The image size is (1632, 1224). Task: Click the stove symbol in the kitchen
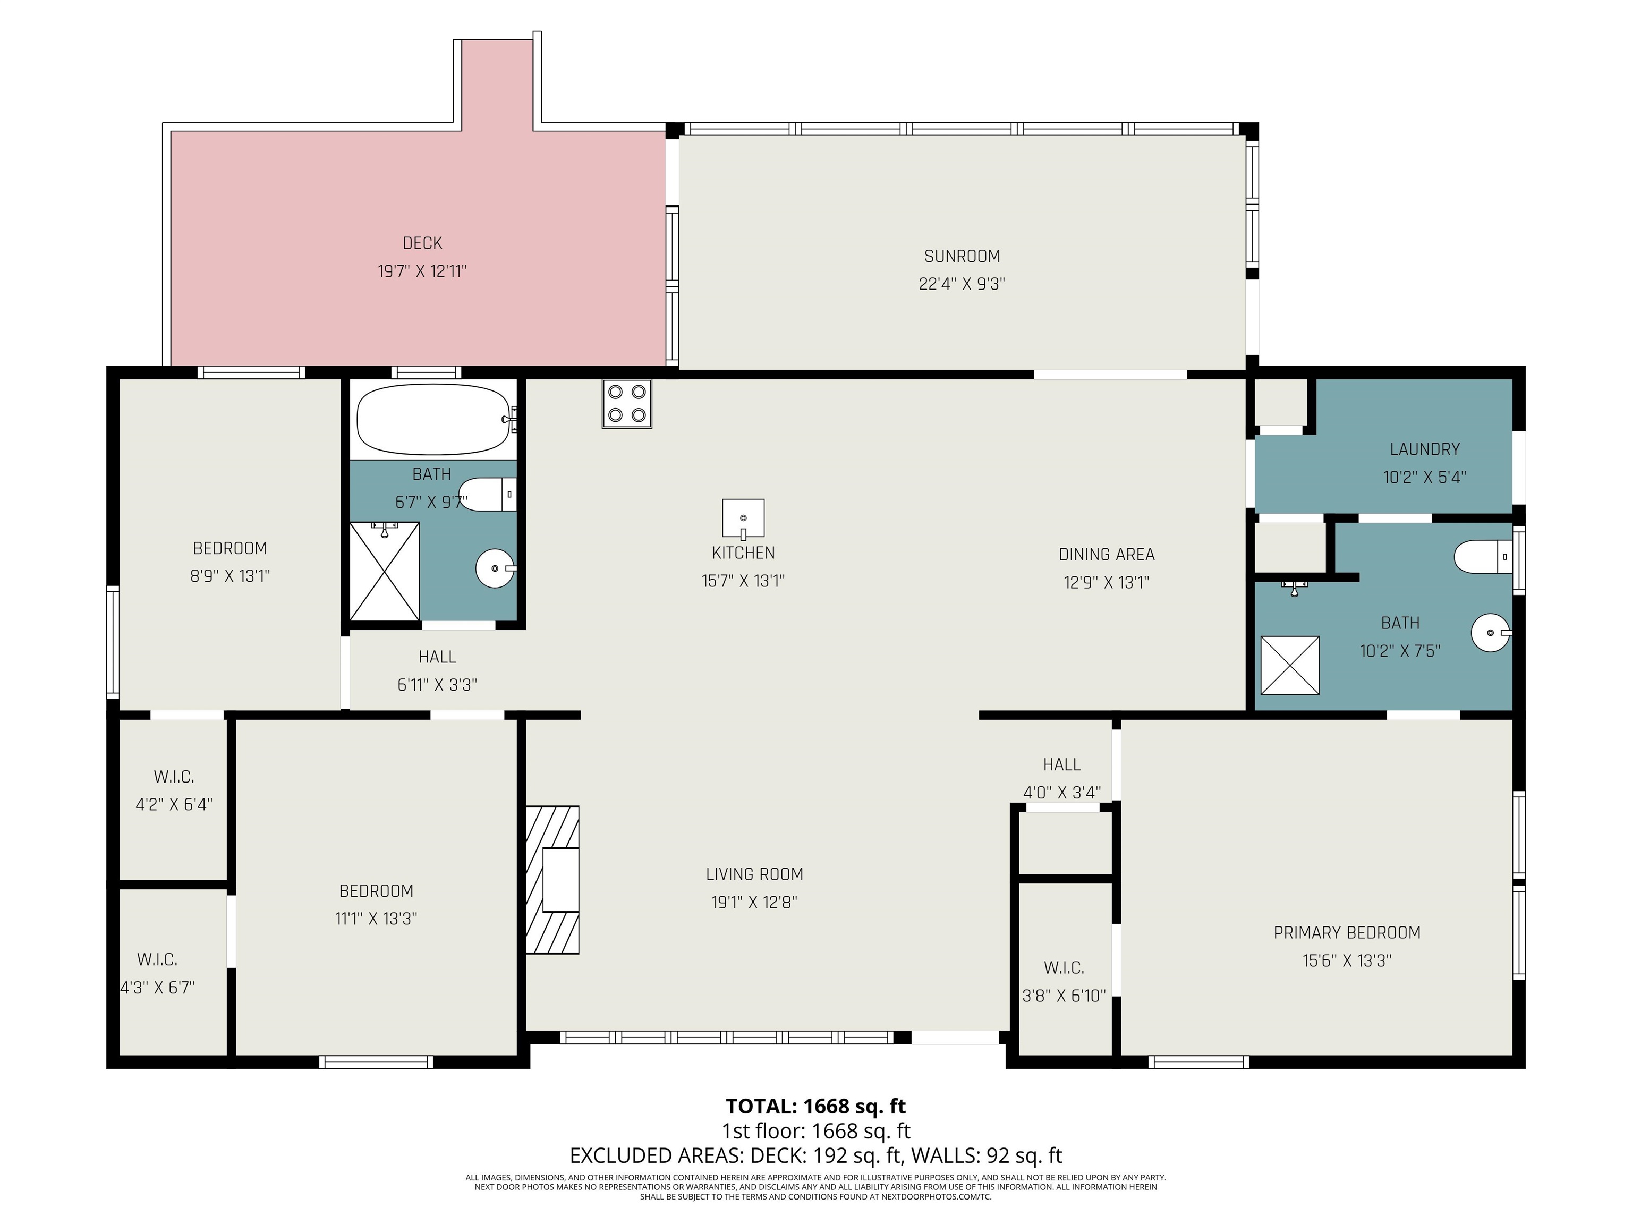tap(626, 404)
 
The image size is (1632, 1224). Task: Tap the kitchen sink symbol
tap(743, 518)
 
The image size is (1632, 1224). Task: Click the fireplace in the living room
tap(552, 879)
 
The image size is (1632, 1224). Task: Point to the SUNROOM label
tap(962, 256)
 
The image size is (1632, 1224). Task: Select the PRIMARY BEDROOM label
tap(1347, 932)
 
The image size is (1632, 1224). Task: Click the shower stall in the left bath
tap(385, 571)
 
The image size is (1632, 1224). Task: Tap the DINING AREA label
tap(1106, 554)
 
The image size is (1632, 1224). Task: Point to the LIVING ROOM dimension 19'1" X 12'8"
tap(754, 902)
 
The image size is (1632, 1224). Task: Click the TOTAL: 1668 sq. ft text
tap(815, 1106)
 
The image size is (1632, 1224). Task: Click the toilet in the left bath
tap(488, 494)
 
